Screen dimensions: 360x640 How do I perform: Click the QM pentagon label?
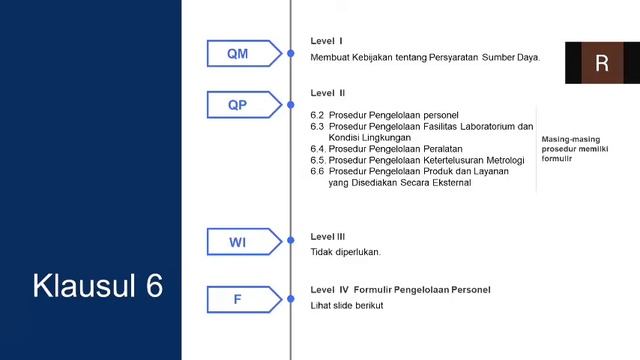click(x=238, y=54)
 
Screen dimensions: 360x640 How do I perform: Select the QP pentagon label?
click(x=238, y=105)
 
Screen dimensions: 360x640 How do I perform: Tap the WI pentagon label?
click(x=238, y=242)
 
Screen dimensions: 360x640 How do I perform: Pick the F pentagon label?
click(x=237, y=299)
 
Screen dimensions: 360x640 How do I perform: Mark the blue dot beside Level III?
click(x=290, y=242)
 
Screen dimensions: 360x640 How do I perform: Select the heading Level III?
click(x=328, y=237)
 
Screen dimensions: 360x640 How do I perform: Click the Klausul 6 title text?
click(x=97, y=285)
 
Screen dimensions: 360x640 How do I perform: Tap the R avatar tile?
click(x=601, y=64)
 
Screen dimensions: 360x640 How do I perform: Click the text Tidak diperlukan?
click(x=346, y=252)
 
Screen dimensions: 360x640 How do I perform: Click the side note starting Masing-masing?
click(x=575, y=148)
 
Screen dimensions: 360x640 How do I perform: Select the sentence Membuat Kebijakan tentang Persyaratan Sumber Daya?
click(x=425, y=57)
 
